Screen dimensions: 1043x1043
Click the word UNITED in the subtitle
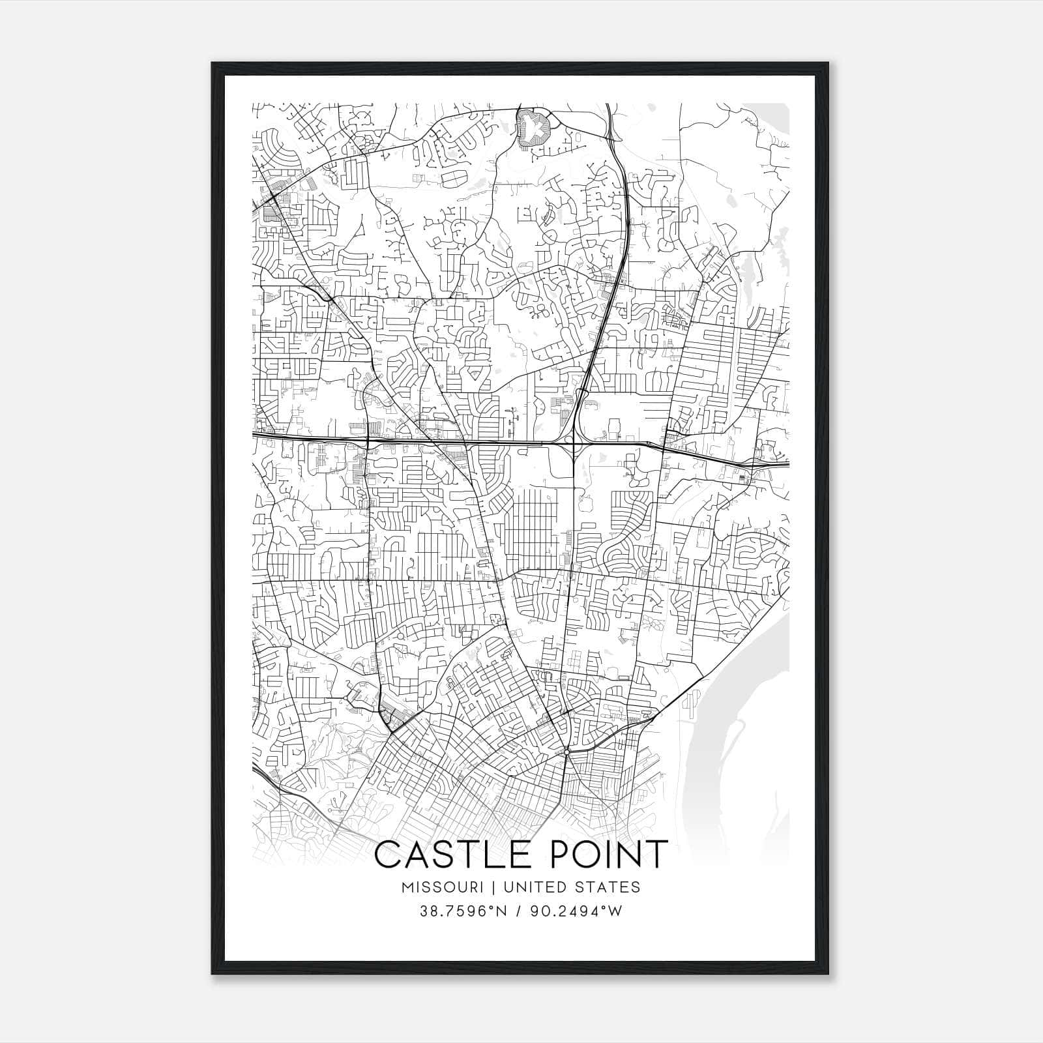[531, 887]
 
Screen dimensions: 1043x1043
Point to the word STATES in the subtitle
[608, 887]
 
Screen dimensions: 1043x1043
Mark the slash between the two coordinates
[520, 911]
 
